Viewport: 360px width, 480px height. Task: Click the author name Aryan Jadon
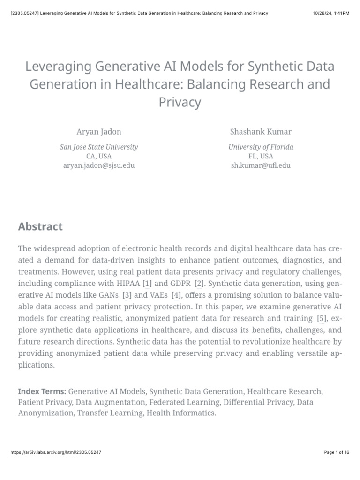99,131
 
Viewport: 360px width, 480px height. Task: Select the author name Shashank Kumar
261,131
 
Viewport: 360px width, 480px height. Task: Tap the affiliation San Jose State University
99,147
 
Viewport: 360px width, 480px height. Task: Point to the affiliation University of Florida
261,147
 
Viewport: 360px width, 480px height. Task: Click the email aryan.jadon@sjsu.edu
99,165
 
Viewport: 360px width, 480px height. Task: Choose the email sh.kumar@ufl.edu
261,165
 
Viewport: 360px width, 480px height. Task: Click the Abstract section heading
40,227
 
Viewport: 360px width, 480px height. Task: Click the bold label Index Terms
43,391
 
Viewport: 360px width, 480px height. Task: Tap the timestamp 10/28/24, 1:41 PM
331,13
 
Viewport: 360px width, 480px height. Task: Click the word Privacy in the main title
180,102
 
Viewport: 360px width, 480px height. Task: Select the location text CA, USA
99,156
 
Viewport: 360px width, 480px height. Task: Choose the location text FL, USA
261,156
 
